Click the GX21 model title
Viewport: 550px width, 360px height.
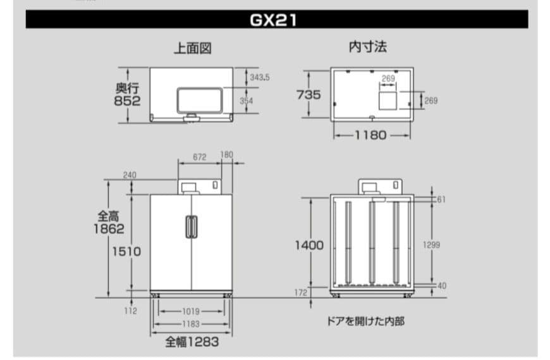[x=274, y=20]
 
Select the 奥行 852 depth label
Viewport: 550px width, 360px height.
[x=127, y=94]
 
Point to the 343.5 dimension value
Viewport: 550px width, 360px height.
[x=259, y=77]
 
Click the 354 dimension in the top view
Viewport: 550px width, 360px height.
[x=247, y=101]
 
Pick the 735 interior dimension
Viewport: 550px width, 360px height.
[x=309, y=95]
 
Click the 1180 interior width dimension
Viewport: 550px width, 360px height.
[x=370, y=135]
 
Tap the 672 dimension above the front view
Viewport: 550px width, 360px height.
[x=200, y=157]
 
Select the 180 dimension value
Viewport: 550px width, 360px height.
[x=227, y=155]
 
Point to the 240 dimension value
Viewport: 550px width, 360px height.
[x=130, y=175]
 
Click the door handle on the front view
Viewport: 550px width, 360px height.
[x=190, y=227]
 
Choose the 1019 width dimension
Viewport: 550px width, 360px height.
[x=191, y=311]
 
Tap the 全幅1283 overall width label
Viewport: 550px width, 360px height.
[x=192, y=342]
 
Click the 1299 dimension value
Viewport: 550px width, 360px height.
[x=432, y=245]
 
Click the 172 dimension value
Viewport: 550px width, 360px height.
[x=301, y=292]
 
